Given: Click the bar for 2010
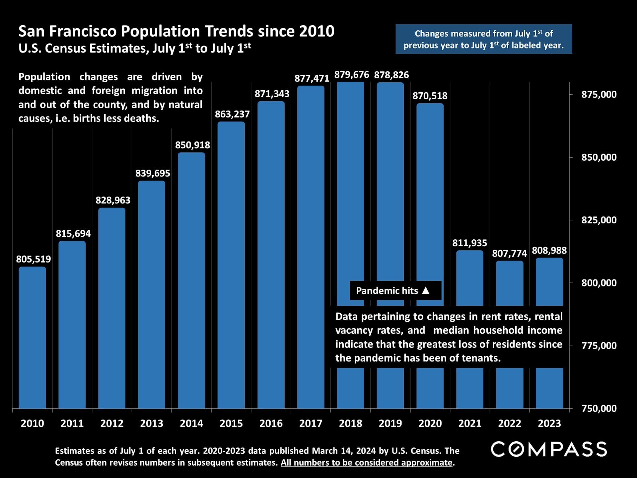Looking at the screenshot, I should pos(32,338).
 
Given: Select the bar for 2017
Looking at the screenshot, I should pos(311,247).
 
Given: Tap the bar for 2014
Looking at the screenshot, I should pos(191,280).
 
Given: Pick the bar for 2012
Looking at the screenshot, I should pos(112,308).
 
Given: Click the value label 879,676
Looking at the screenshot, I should pos(351,75).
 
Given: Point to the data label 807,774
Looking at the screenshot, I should pos(509,254).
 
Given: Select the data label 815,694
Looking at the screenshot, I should pos(73,234).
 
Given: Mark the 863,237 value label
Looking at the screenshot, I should pos(232,114).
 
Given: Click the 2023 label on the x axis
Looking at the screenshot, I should pos(549,424).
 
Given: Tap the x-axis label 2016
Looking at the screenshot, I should pos(271,424).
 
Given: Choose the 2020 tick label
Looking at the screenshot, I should pos(430,424).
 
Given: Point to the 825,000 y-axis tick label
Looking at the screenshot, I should pos(599,220).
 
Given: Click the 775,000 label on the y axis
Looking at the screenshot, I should pos(599,346).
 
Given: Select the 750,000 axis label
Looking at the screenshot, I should pos(599,408).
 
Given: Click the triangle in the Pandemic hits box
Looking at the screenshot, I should pos(426,291).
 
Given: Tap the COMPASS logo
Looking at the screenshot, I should pos(549,449).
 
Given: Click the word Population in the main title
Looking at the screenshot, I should pos(161,32).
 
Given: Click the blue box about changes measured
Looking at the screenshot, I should pos(483,39).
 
